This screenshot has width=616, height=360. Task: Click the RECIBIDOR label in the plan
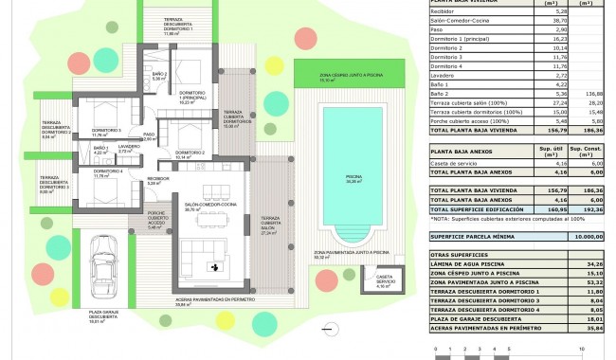(157, 178)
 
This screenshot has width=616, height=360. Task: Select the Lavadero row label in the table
(445, 76)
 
